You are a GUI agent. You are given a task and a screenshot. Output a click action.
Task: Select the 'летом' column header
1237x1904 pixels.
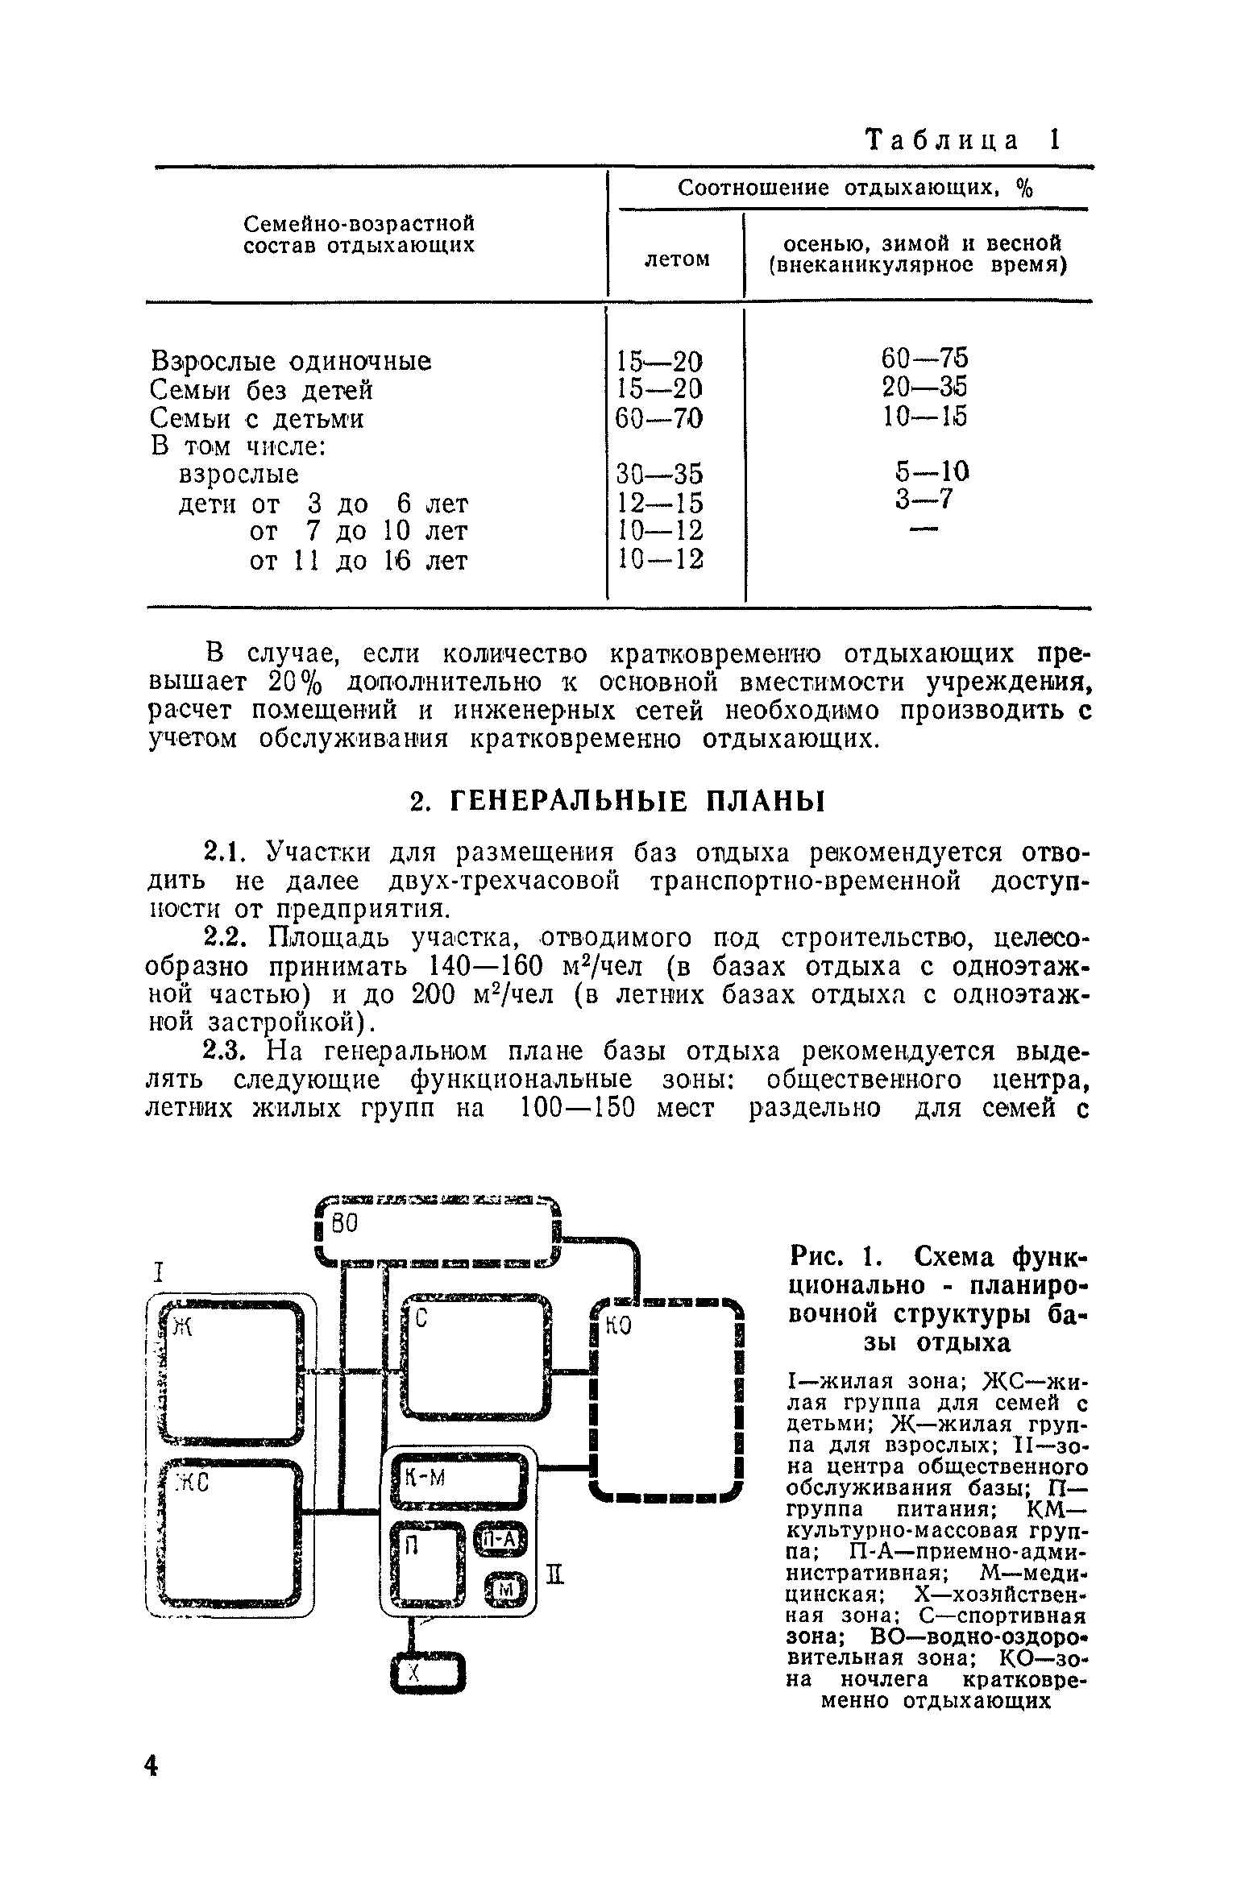point(678,259)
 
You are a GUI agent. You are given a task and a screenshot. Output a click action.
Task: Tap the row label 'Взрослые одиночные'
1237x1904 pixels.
point(291,362)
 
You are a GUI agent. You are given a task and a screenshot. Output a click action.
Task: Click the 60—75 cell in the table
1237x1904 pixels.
point(925,358)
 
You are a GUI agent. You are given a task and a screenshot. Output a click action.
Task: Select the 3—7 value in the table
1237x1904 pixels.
point(924,500)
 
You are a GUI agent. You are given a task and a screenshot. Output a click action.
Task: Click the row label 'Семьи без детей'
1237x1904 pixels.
point(262,391)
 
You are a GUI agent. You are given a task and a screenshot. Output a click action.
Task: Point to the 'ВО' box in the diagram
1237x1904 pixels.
point(436,1231)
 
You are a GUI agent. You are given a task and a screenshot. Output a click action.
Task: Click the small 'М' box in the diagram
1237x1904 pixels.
point(506,1589)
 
